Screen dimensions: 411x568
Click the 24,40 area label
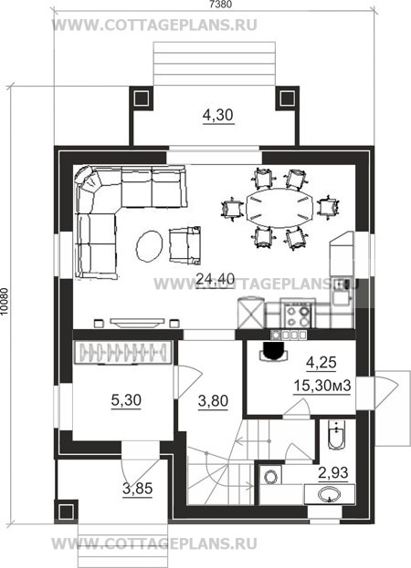click(x=216, y=279)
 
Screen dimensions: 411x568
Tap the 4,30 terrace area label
click(x=218, y=115)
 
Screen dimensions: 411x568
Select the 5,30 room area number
click(x=126, y=400)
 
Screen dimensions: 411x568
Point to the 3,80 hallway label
click(x=213, y=401)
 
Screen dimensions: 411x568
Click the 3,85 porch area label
click(x=138, y=489)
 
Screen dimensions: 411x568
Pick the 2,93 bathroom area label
click(x=333, y=473)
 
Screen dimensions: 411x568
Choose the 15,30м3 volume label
click(x=322, y=386)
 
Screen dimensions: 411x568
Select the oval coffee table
click(x=150, y=245)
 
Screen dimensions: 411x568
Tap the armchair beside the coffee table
click(x=184, y=244)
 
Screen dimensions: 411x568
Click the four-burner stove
click(x=298, y=315)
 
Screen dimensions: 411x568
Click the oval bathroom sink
click(x=330, y=494)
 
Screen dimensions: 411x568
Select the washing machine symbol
click(x=270, y=476)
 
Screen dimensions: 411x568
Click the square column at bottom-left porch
click(x=66, y=511)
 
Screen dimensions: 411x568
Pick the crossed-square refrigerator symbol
click(x=250, y=314)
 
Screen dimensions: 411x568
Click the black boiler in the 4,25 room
click(x=273, y=350)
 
